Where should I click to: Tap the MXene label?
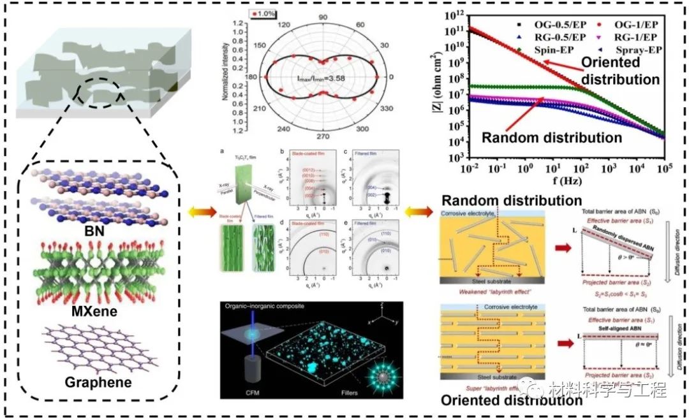click(x=93, y=314)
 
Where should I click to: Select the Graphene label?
click(x=93, y=382)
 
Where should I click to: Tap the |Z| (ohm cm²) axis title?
click(x=445, y=89)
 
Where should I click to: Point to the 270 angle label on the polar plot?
click(x=323, y=136)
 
